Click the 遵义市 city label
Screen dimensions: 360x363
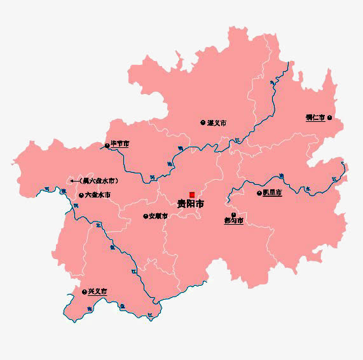click(217, 123)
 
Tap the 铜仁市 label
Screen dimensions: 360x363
click(315, 117)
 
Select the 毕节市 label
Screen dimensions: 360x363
click(120, 144)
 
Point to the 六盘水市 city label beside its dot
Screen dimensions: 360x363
click(98, 194)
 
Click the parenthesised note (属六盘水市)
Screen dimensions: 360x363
click(99, 181)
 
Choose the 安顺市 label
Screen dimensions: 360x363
click(158, 216)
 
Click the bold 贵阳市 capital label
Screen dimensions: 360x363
click(191, 204)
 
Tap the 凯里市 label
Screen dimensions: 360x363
click(272, 192)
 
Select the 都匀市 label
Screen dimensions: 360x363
click(233, 221)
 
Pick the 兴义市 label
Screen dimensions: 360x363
click(97, 291)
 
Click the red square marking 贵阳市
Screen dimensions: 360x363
click(191, 194)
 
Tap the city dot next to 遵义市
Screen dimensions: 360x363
click(203, 123)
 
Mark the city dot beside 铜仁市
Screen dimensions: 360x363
click(329, 117)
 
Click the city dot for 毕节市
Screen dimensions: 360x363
click(107, 145)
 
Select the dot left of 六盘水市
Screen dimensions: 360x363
click(81, 194)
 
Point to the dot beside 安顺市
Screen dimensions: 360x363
click(145, 216)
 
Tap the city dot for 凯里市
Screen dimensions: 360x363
click(259, 192)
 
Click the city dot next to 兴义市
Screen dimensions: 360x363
click(84, 291)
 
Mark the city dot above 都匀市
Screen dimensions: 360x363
click(233, 215)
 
